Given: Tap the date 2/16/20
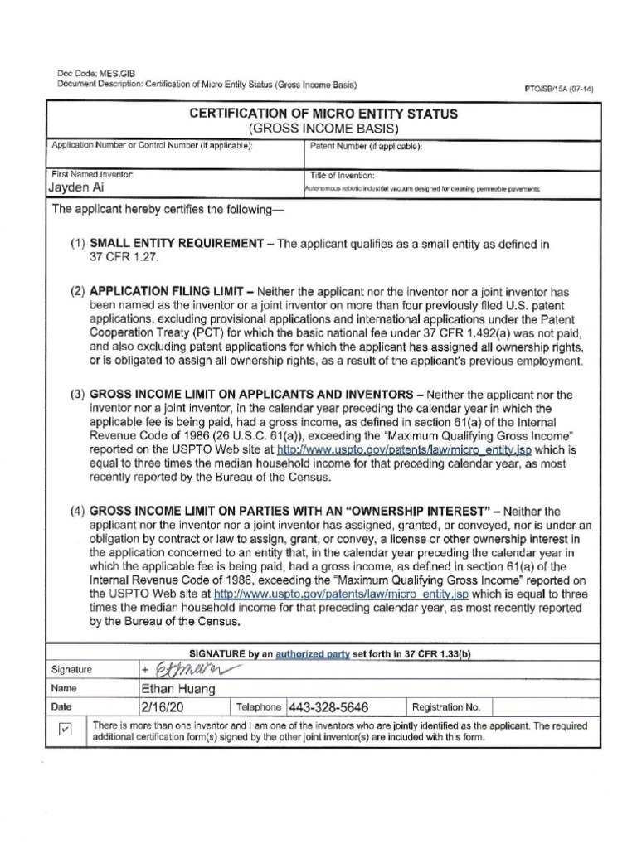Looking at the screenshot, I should click(x=159, y=707).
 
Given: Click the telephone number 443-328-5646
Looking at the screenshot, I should click(x=328, y=707).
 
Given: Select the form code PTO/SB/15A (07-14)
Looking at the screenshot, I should click(x=560, y=89).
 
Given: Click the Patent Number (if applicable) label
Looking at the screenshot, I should click(x=366, y=146).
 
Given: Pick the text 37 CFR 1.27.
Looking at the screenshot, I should click(x=123, y=257).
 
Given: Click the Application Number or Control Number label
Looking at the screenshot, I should click(x=152, y=146).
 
